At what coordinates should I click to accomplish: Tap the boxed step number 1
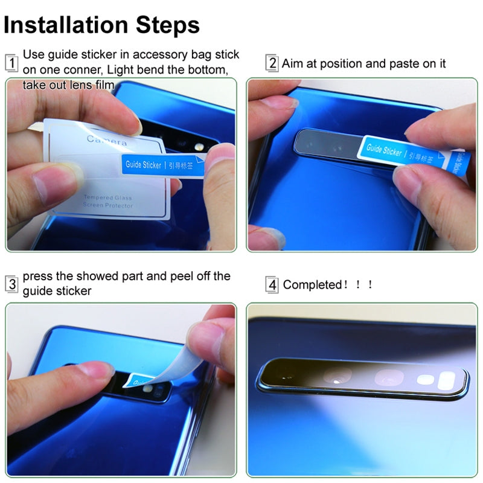pos(11,62)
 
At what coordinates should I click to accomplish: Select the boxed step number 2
pos(272,63)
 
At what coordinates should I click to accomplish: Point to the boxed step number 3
pos(11,284)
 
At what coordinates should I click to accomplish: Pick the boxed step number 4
pos(272,284)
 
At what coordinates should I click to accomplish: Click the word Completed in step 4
pos(312,284)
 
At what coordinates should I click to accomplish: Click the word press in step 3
pos(39,277)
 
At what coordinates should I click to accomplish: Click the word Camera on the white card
pos(107,140)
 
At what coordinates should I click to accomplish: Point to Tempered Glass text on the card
pos(108,197)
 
